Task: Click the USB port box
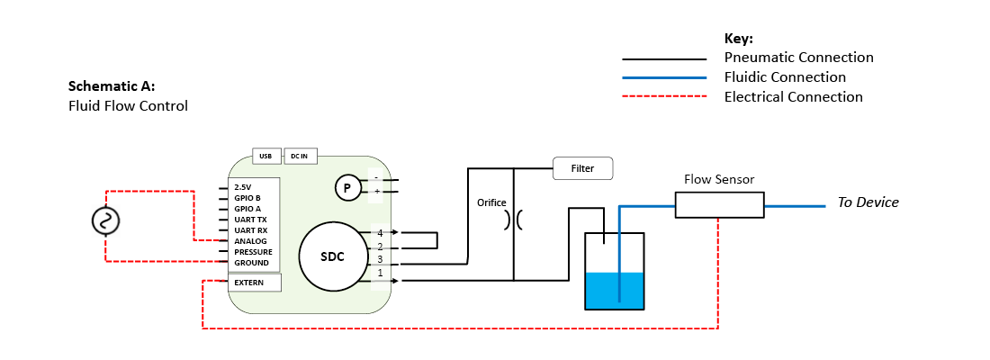point(265,156)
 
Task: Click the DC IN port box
point(299,156)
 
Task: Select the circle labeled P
point(346,188)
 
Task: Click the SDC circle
point(333,256)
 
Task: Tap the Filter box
point(582,168)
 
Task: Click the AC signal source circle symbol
point(106,220)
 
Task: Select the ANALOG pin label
point(250,241)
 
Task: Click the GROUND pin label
point(251,263)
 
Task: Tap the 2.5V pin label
point(242,187)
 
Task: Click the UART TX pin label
point(250,220)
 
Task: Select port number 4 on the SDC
point(380,233)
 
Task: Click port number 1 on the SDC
point(380,273)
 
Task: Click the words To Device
point(868,202)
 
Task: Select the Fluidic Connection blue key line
point(664,78)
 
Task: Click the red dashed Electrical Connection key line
point(664,97)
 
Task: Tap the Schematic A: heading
point(112,87)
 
